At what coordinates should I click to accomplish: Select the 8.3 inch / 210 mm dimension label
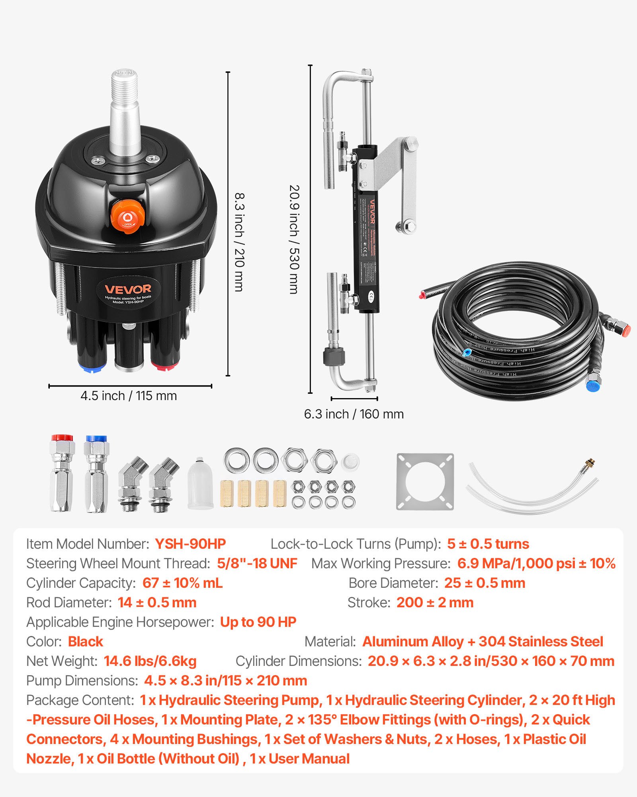click(239, 242)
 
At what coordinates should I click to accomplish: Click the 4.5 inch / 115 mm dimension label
click(129, 396)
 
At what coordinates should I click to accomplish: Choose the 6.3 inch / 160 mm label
click(354, 414)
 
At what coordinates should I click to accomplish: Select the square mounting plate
click(425, 481)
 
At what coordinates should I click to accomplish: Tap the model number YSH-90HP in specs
click(190, 544)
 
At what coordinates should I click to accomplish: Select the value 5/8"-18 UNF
click(257, 563)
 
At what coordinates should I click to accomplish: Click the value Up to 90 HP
click(258, 622)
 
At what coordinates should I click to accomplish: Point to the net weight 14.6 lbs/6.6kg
click(150, 661)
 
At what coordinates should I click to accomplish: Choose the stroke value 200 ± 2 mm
click(435, 603)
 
